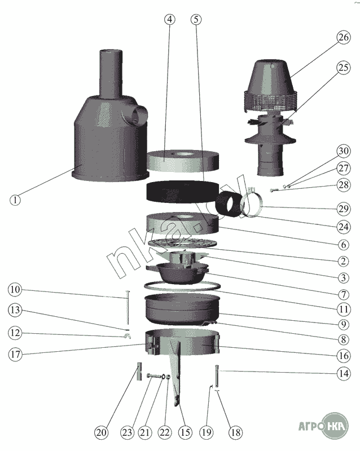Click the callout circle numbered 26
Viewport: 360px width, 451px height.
pos(343,37)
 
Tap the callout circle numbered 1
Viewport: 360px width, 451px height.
pos(15,200)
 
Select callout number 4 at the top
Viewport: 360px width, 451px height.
pos(170,20)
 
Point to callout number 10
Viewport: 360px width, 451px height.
pos(15,289)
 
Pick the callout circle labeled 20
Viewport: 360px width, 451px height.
pos(102,432)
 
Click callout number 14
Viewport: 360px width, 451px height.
pos(343,373)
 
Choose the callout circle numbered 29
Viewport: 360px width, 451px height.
pos(343,209)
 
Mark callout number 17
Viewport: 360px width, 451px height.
pos(15,355)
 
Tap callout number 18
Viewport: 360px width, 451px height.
pos(236,432)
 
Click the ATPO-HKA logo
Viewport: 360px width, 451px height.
pos(324,426)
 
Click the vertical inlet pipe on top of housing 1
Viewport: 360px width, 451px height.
pos(111,74)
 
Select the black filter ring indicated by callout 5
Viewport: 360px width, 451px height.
pos(183,192)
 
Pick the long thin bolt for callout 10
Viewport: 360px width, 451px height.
pos(128,308)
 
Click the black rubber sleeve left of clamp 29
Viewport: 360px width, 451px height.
pos(229,204)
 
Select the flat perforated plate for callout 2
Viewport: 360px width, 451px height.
pos(183,243)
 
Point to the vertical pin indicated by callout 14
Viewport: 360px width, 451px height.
pos(217,376)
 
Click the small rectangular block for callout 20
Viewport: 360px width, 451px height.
pos(139,372)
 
